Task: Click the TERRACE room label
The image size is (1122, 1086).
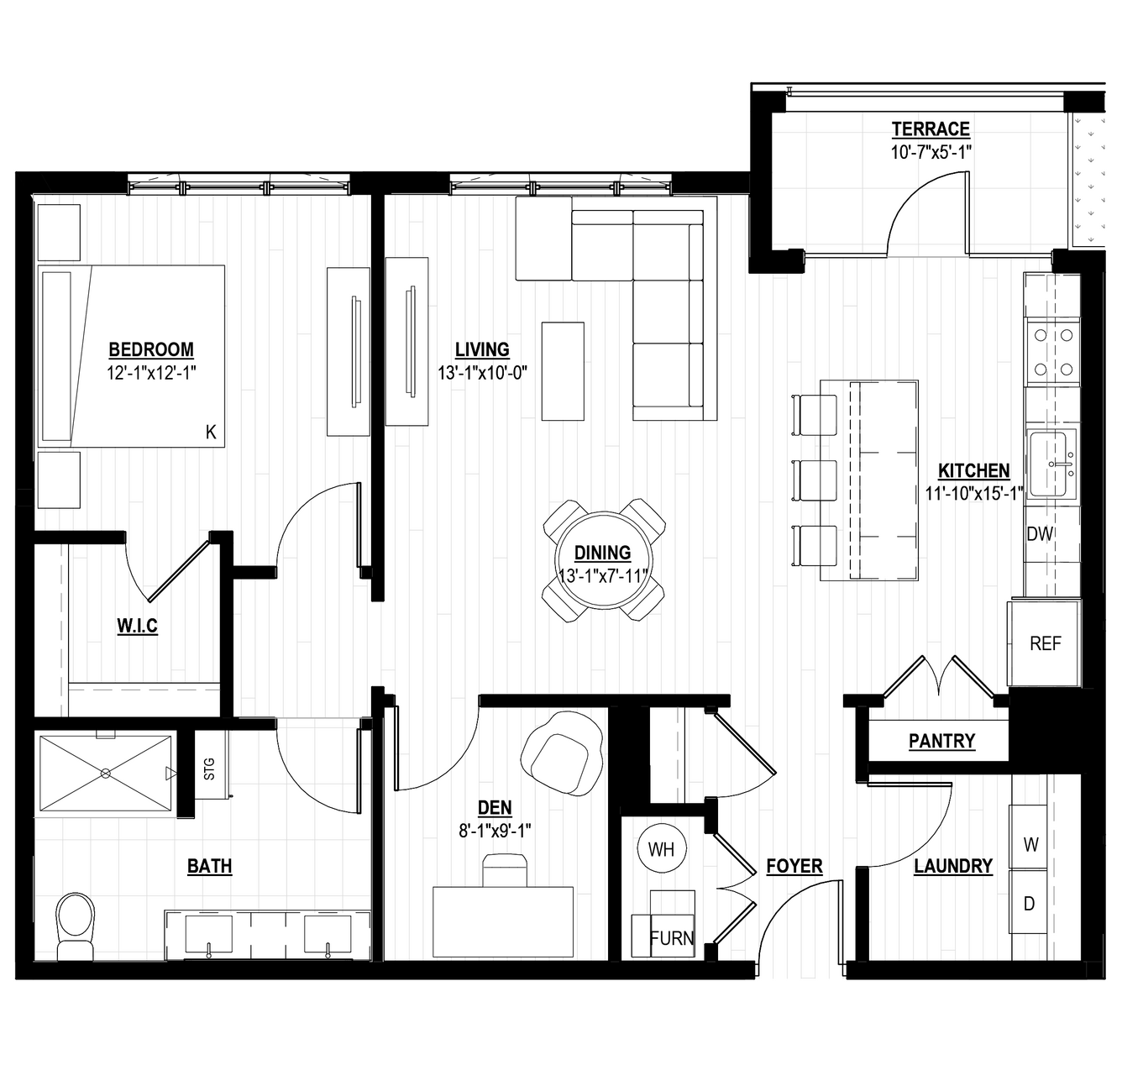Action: [931, 129]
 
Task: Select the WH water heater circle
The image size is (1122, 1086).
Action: [661, 849]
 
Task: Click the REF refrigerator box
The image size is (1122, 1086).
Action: [1044, 643]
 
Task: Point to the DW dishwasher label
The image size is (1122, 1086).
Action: [1040, 534]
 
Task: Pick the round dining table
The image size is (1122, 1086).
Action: [604, 560]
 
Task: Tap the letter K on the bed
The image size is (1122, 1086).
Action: [211, 432]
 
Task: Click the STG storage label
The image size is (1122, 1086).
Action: [209, 769]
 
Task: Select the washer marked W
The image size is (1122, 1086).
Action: [1030, 845]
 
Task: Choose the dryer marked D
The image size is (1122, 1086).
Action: [1029, 904]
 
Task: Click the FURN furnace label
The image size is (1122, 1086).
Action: [672, 938]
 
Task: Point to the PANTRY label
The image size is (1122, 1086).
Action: [942, 741]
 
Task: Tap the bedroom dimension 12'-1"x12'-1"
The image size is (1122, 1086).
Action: [152, 373]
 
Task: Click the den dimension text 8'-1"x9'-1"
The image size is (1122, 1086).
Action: [495, 831]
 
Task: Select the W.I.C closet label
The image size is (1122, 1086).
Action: [137, 625]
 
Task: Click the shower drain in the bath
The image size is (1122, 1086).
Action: [106, 774]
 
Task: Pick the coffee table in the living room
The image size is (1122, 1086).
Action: [563, 371]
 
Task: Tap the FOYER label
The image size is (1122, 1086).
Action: [794, 866]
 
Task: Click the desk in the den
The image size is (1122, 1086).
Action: [503, 922]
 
